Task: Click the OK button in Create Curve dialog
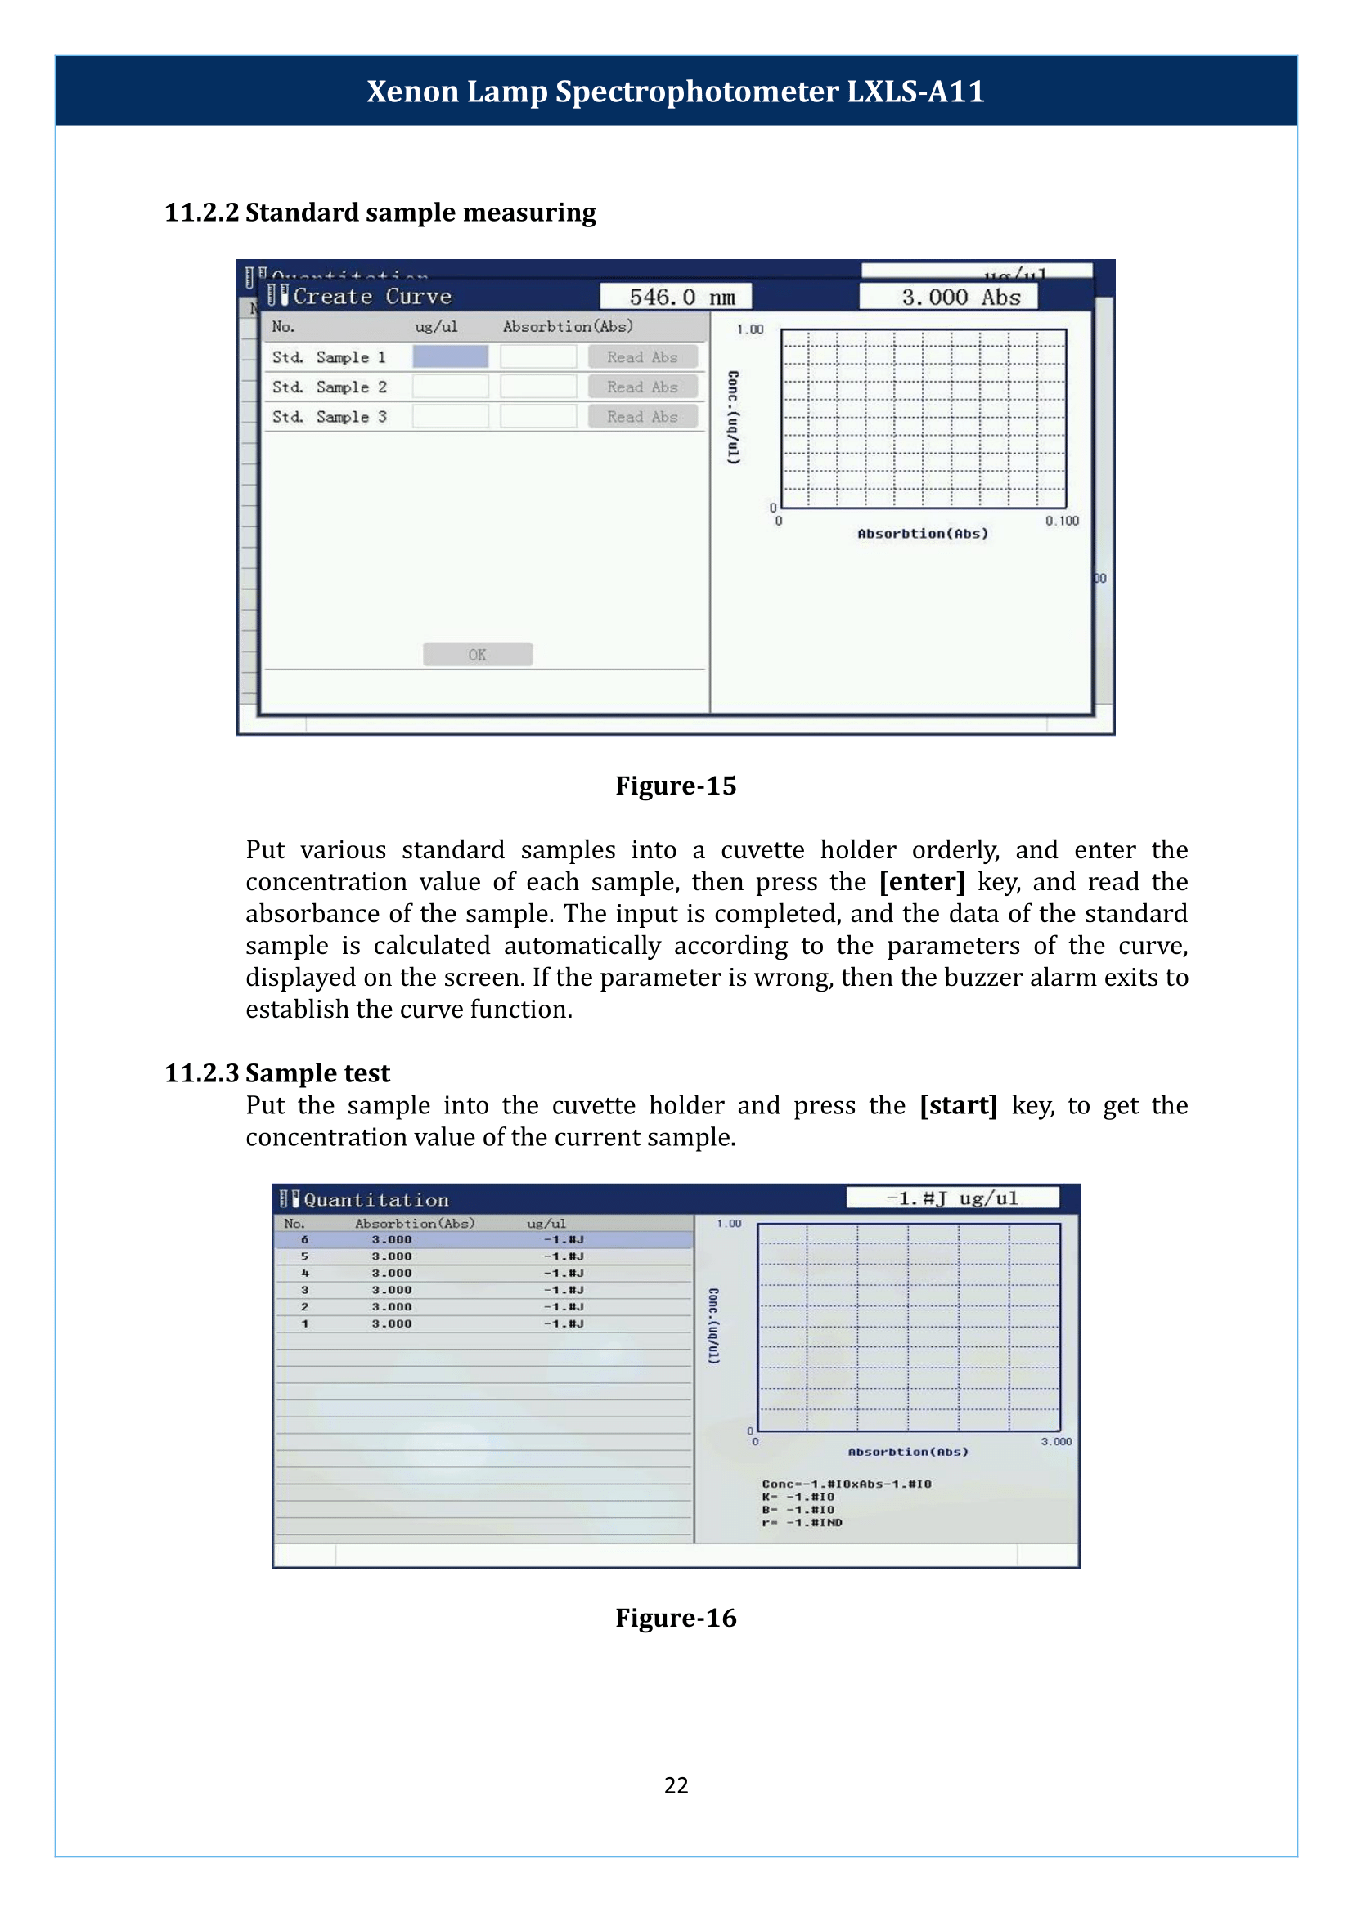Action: point(478,655)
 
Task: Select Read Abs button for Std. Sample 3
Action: point(641,416)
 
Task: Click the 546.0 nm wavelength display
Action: point(676,297)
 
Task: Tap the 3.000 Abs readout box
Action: point(948,297)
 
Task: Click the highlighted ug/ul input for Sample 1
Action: point(450,356)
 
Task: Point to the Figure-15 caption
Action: point(676,786)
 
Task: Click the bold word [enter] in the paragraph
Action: point(921,882)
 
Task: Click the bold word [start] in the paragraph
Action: point(958,1105)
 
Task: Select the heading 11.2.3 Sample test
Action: point(276,1073)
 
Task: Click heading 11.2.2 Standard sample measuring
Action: point(380,213)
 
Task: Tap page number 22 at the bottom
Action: point(676,1785)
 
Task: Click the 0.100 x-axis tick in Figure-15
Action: point(1063,521)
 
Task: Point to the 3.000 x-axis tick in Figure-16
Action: point(1055,1441)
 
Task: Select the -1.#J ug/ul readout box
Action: point(952,1198)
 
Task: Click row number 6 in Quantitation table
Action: point(305,1239)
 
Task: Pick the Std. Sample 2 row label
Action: point(329,387)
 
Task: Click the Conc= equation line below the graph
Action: point(846,1484)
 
